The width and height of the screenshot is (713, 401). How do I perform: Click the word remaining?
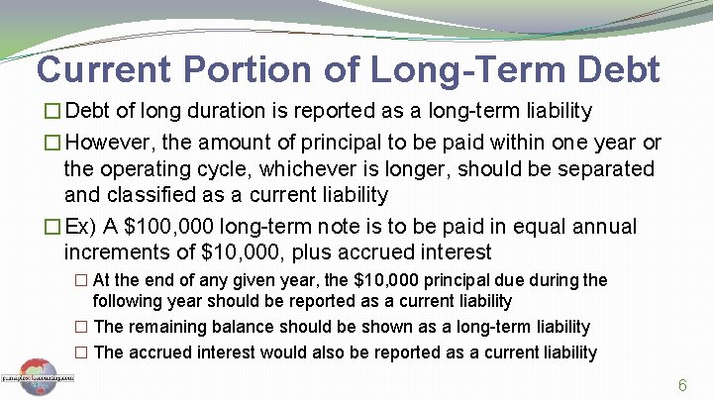(x=162, y=326)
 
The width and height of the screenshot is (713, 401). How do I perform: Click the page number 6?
(x=682, y=384)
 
